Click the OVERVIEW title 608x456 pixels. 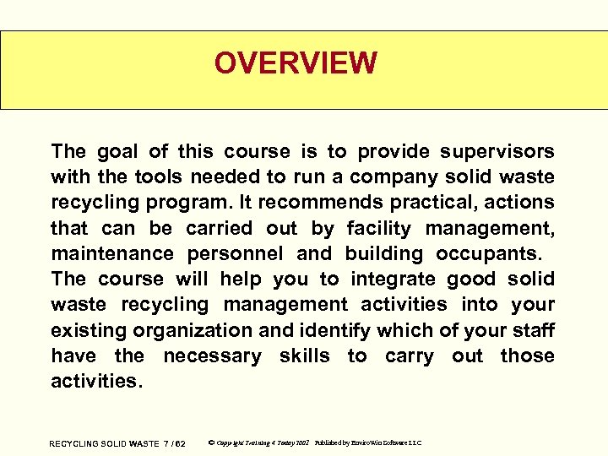pyautogui.click(x=295, y=63)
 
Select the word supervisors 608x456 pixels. pyautogui.click(x=499, y=152)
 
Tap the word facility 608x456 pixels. pyautogui.click(x=379, y=228)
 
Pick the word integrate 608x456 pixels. pyautogui.click(x=394, y=279)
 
